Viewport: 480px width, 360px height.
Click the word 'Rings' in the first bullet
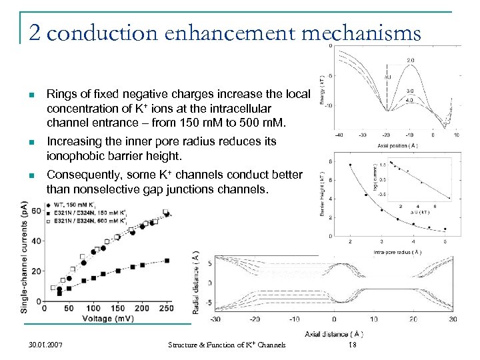tap(61, 94)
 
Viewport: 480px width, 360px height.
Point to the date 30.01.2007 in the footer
tap(47, 345)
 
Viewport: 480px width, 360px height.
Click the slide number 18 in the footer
tap(354, 345)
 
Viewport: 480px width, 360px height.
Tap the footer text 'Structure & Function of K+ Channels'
tap(227, 345)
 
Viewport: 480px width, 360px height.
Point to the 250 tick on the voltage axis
tap(167, 309)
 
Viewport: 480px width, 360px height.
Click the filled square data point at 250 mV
tap(167, 261)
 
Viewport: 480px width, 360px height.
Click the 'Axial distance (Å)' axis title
tap(334, 333)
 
